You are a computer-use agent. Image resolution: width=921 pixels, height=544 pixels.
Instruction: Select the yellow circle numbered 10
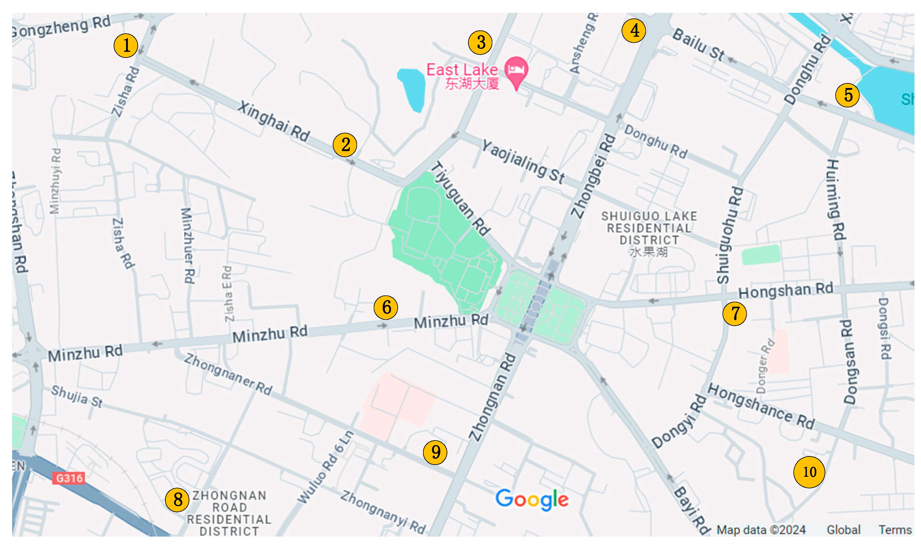click(809, 472)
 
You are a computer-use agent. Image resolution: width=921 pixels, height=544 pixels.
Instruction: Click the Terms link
click(895, 530)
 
